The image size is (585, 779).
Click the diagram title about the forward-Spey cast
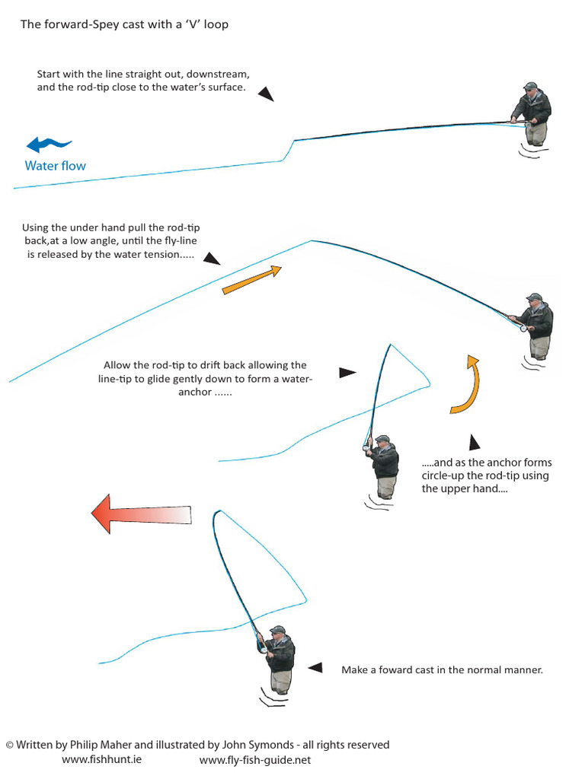tap(124, 24)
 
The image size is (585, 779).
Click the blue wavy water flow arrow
tap(49, 144)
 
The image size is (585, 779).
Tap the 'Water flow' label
tap(56, 166)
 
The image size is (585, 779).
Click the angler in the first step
tap(532, 113)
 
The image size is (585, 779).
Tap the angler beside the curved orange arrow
tap(384, 466)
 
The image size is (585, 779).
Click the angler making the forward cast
tap(279, 658)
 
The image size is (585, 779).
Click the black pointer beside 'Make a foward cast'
tap(315, 667)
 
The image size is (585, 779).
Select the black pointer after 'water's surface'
tap(265, 94)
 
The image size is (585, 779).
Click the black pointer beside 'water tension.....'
tap(213, 259)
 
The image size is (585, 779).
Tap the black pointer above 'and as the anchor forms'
tap(475, 443)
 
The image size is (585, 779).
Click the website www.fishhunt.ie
tap(101, 759)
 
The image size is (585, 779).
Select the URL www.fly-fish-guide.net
tap(255, 759)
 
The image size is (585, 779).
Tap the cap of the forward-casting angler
tap(277, 630)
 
